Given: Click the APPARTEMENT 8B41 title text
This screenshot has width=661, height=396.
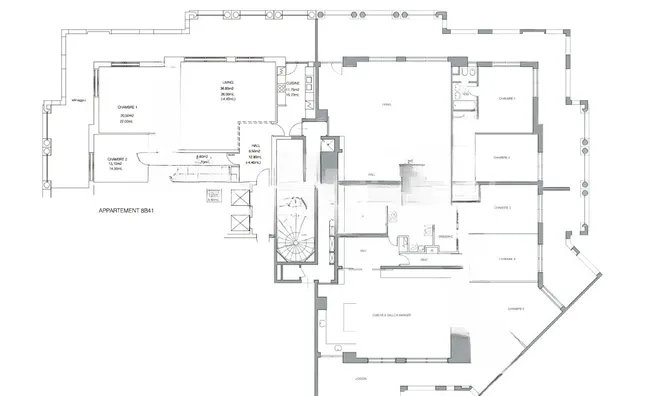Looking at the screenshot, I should click(x=126, y=211).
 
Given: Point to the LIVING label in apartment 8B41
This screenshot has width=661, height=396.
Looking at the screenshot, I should click(x=227, y=85).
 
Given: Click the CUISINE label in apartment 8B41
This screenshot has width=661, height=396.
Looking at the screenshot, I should click(x=294, y=84).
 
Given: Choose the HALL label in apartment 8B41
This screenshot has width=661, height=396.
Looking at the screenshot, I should click(x=255, y=145).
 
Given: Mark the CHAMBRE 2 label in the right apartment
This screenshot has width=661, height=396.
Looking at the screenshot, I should click(x=501, y=158).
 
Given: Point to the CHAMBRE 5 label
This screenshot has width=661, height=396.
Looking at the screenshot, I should click(x=516, y=309).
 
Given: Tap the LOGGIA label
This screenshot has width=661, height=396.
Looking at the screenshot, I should click(x=360, y=379).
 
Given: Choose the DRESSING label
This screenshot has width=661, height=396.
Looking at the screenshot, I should click(x=424, y=259).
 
